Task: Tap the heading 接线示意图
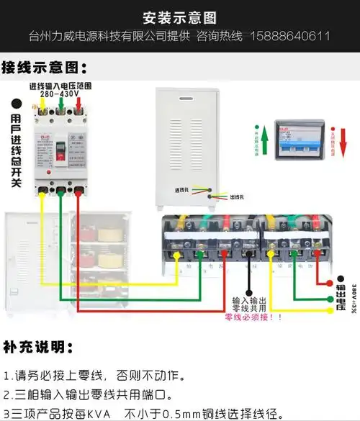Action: [44, 68]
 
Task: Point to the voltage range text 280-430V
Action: [60, 94]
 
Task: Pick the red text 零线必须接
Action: [251, 317]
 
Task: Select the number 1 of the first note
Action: [7, 376]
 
